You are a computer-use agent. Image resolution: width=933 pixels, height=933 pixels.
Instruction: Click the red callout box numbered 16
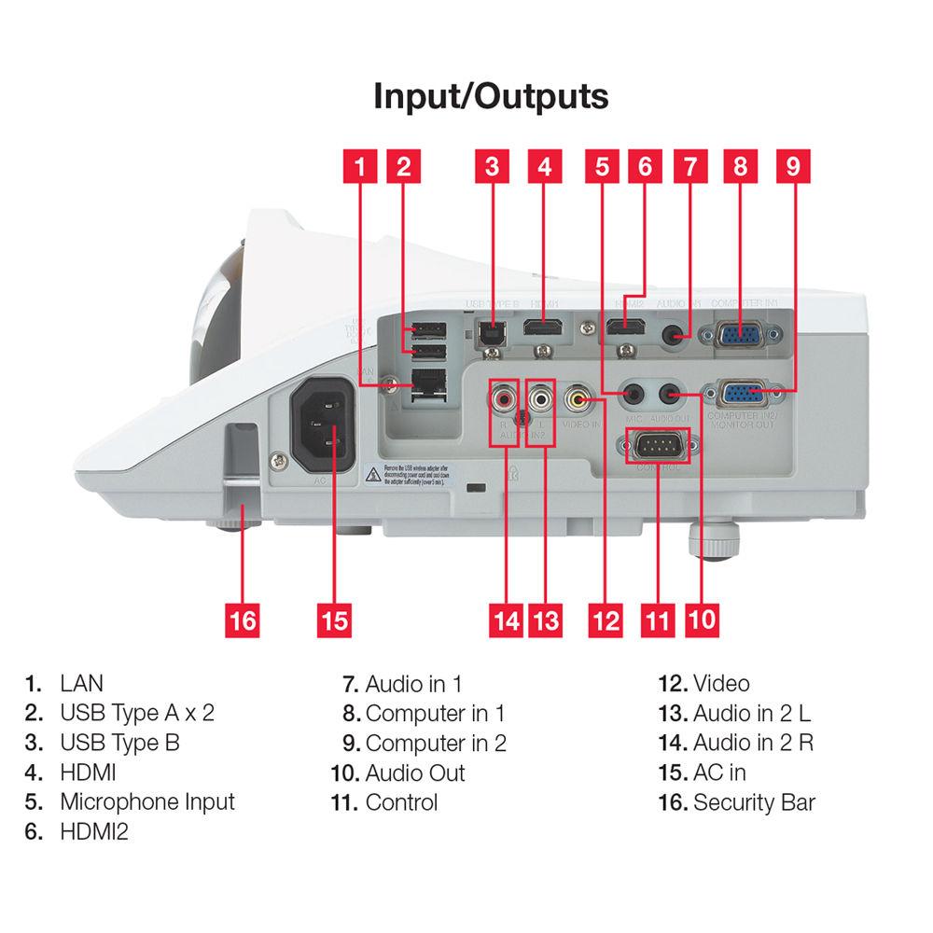pos(243,620)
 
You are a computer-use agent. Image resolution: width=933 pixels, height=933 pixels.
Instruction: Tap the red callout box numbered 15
pos(334,620)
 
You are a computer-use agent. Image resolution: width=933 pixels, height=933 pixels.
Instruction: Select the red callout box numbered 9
pos(792,166)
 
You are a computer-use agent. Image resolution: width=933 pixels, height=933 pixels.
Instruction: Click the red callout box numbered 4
pos(545,166)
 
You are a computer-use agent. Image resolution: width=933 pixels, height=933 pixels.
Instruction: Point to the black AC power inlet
pos(323,429)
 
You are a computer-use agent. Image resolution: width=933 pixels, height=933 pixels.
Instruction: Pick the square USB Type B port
pos(491,331)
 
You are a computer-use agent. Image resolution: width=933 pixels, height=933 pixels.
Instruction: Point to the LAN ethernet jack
pos(425,382)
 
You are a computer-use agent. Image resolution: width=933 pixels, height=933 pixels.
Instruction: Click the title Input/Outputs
pos(491,96)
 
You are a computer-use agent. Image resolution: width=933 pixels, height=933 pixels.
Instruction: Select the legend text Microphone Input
pos(147,801)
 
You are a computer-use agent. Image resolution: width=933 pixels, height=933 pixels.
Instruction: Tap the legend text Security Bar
pos(754,801)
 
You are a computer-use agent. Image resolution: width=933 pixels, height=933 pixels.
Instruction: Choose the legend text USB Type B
pos(119,743)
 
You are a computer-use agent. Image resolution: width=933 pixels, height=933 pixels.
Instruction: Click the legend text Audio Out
pos(414,773)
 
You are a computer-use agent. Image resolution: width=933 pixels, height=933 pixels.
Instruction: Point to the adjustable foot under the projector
pos(714,541)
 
